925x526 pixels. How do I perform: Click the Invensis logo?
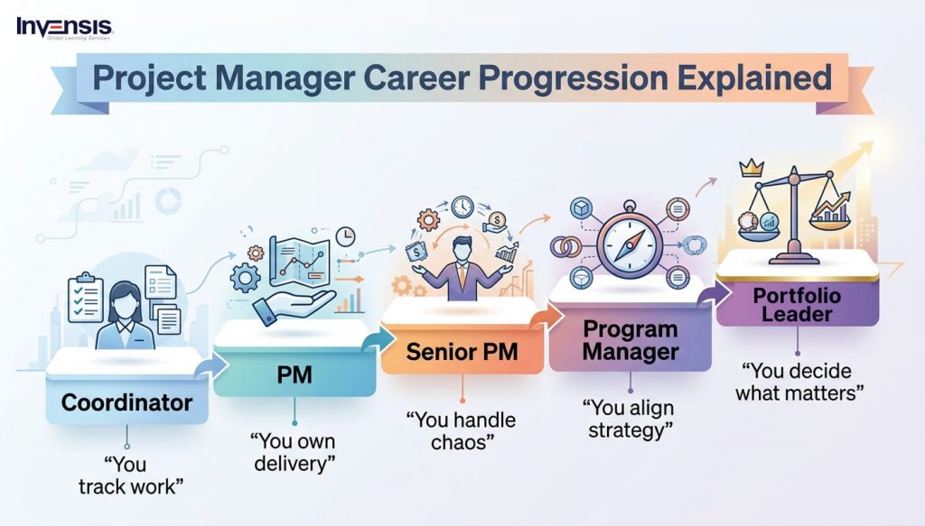pyautogui.click(x=63, y=27)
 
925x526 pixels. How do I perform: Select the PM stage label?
pyautogui.click(x=294, y=373)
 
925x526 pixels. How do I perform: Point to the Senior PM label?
pyautogui.click(x=462, y=351)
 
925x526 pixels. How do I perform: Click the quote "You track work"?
pyautogui.click(x=128, y=475)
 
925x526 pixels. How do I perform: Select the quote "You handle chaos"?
pyautogui.click(x=461, y=430)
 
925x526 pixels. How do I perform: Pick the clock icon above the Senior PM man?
pyautogui.click(x=463, y=208)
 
